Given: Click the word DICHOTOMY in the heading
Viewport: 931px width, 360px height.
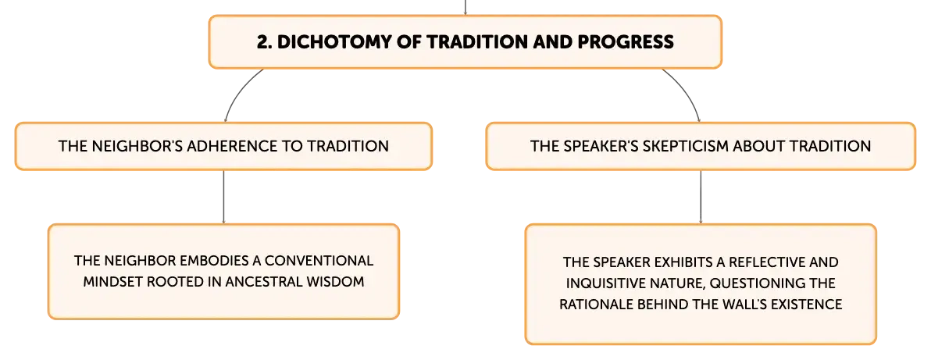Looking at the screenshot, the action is [x=333, y=41].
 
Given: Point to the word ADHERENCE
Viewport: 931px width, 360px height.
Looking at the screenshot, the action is [x=232, y=146].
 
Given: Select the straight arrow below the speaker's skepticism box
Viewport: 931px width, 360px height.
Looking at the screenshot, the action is [x=701, y=198].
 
